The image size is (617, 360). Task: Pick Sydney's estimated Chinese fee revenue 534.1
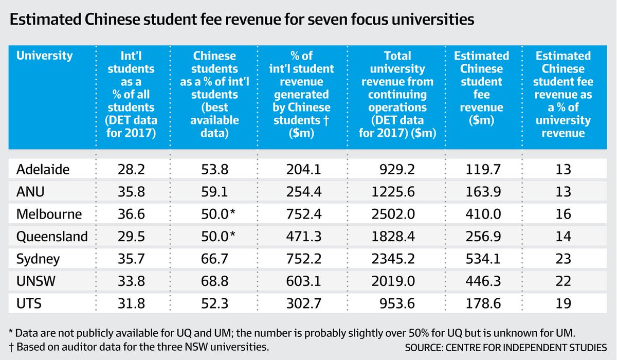coord(481,258)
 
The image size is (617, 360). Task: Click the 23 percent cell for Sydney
coord(563,258)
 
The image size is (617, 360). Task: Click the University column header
coord(45,56)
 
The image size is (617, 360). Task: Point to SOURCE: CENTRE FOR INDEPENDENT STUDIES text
coord(505,347)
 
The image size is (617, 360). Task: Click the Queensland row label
coord(52,236)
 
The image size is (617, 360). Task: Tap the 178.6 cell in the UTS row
coord(481,303)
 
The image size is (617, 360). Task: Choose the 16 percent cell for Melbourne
coord(563,213)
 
